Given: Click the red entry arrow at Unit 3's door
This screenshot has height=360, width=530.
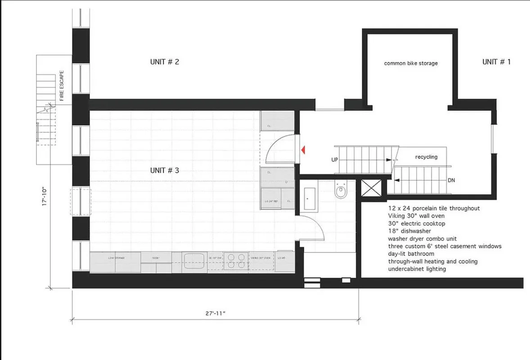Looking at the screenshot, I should pyautogui.click(x=304, y=149).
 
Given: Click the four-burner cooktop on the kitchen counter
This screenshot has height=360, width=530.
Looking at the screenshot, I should pyautogui.click(x=236, y=261).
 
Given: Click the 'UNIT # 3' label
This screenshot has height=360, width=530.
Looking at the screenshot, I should pyautogui.click(x=165, y=171).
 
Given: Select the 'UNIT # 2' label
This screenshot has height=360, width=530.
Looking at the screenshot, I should pyautogui.click(x=165, y=62).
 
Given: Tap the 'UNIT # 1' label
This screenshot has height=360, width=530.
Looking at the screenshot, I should pyautogui.click(x=496, y=62).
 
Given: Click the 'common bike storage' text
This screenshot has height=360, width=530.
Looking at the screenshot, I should pyautogui.click(x=410, y=63).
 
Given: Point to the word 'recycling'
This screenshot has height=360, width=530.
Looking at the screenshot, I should pyautogui.click(x=426, y=157).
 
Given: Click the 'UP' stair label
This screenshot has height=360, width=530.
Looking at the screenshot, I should pyautogui.click(x=335, y=159).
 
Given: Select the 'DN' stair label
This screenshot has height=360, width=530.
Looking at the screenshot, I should pyautogui.click(x=451, y=180).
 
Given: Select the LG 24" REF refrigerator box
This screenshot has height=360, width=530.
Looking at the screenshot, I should pyautogui.click(x=272, y=201).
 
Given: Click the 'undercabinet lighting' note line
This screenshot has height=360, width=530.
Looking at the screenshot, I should pyautogui.click(x=417, y=269).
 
